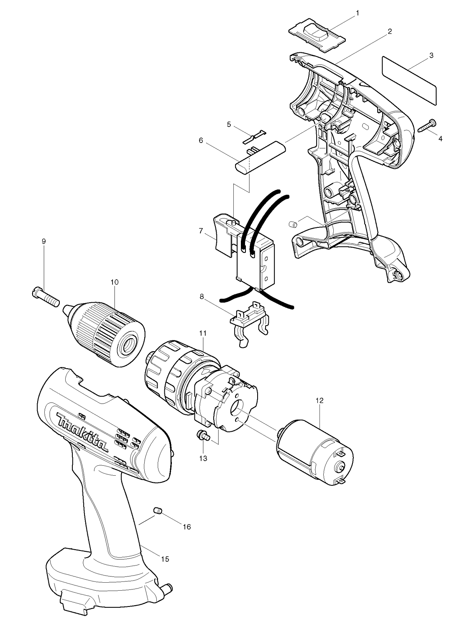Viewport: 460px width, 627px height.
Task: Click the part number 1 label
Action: pyautogui.click(x=357, y=13)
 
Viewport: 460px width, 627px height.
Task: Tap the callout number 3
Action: pyautogui.click(x=431, y=56)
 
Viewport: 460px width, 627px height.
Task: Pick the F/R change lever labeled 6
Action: pyautogui.click(x=260, y=158)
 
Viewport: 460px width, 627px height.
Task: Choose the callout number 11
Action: pyautogui.click(x=203, y=333)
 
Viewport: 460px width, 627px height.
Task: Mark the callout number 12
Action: pyautogui.click(x=319, y=400)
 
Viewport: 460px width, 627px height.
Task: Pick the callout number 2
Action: pyautogui.click(x=390, y=31)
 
